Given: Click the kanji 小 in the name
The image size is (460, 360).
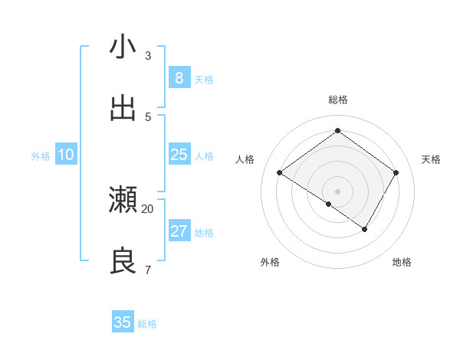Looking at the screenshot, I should pos(123,47).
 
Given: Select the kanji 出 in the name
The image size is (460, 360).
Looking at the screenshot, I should pos(123,109).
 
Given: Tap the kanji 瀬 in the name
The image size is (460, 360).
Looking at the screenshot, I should pos(123,200).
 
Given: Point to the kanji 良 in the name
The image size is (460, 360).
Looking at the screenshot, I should pos(123,261).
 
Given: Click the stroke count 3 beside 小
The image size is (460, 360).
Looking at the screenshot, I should pos(148,56).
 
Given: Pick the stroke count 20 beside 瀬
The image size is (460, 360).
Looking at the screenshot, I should pos(148,208).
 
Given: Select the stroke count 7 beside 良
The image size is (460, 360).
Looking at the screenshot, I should pos(148,270).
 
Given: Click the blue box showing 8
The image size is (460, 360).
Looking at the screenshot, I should pos(179,78).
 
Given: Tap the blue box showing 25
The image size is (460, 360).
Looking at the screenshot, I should pos(179,155).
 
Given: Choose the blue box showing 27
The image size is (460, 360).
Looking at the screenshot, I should pos(179,231).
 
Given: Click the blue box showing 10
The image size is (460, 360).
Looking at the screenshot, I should pos(65,155).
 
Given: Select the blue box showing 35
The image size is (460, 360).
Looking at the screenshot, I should pos(123,322).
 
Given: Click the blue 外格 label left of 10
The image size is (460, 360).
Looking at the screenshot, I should pos(41,156).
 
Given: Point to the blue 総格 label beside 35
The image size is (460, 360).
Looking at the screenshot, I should pos(148,324).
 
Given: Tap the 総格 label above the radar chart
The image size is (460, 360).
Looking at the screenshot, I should pos(337,100).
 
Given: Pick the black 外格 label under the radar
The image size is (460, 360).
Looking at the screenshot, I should pos(270,263).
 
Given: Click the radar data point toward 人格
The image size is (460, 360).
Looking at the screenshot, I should pos(280,173).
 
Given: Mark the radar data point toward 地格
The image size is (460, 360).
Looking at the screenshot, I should pos(365,229).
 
